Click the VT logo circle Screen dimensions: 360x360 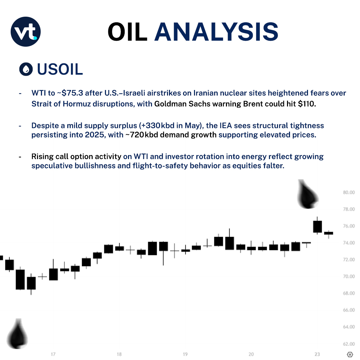click(x=26, y=31)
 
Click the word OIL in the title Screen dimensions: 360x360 click(x=127, y=32)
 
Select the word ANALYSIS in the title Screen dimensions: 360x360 click(x=216, y=32)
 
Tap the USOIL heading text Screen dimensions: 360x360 click(x=60, y=69)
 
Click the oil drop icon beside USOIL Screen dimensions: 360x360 click(x=26, y=69)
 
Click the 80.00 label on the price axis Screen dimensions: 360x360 click(x=348, y=192)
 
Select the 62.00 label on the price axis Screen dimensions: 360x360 click(x=348, y=344)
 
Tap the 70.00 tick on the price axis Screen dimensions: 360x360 click(x=348, y=276)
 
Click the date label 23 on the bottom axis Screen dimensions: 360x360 click(x=317, y=354)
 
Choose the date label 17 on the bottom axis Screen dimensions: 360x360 click(x=53, y=354)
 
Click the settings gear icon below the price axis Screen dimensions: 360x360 click(x=350, y=354)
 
